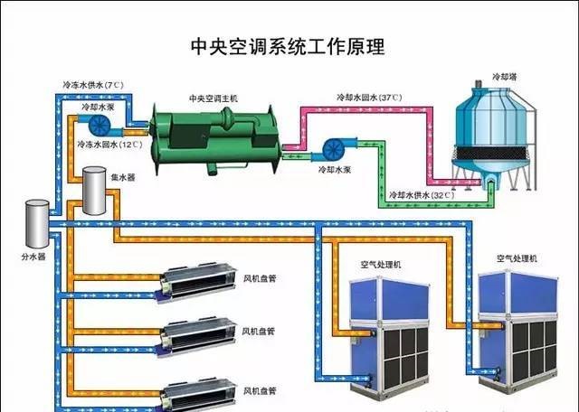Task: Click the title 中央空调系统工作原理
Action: pyautogui.click(x=288, y=46)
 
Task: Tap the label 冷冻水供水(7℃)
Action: pyautogui.click(x=93, y=85)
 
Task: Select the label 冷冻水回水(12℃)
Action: pyautogui.click(x=109, y=145)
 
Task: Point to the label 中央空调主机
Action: pyautogui.click(x=214, y=98)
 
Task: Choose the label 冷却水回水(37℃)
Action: pyautogui.click(x=369, y=98)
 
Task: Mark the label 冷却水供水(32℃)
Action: pyautogui.click(x=422, y=195)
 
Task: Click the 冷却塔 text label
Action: pyautogui.click(x=505, y=77)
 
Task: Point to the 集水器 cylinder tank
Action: pyautogui.click(x=94, y=191)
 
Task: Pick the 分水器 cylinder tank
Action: pyautogui.click(x=37, y=223)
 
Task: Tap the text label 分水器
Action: pyautogui.click(x=33, y=257)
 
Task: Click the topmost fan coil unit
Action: pyautogui.click(x=196, y=282)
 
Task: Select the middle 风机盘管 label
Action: pyautogui.click(x=259, y=331)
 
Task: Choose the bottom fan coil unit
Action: pyautogui.click(x=196, y=394)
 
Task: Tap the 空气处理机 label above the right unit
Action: pyautogui.click(x=517, y=258)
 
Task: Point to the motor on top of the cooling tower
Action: pyautogui.click(x=479, y=84)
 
